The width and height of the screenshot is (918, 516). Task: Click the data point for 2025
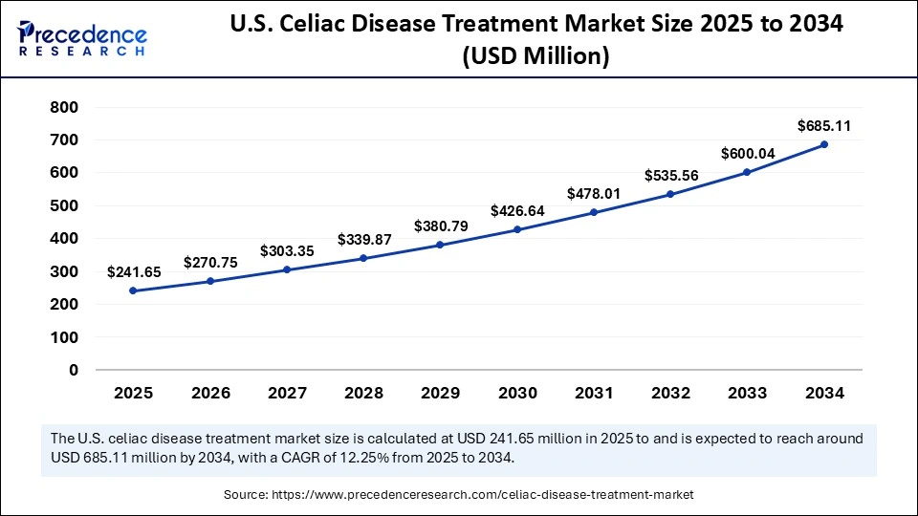tap(132, 290)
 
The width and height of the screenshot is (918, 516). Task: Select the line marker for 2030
tap(516, 229)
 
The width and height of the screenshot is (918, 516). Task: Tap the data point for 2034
tap(824, 144)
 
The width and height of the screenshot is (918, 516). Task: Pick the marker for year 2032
tap(670, 194)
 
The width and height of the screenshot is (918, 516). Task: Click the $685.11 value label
tap(824, 125)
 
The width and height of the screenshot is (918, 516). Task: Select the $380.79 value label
tap(440, 226)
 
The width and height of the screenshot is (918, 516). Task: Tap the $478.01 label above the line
tap(594, 193)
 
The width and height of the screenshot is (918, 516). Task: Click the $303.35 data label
tap(286, 250)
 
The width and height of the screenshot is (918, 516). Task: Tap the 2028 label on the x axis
tap(362, 393)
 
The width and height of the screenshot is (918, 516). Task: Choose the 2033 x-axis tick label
tap(747, 393)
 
